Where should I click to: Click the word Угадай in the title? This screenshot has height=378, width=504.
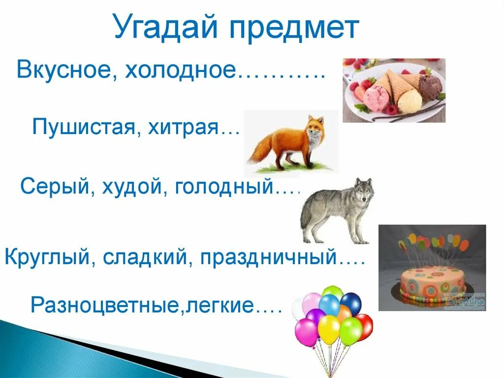point(165,28)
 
